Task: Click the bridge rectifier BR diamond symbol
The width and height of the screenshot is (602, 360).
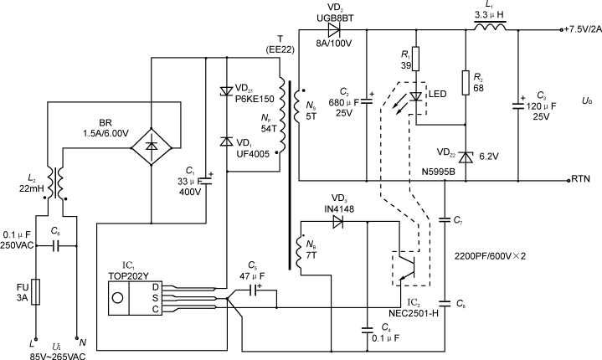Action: [151, 146]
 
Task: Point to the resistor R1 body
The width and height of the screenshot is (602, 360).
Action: [415, 61]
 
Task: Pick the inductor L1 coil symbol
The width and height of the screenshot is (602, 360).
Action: [492, 29]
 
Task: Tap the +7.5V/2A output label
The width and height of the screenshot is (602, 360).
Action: [579, 29]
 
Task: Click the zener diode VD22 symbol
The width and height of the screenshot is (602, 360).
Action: [465, 156]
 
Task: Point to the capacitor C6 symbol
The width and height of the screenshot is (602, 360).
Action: [55, 247]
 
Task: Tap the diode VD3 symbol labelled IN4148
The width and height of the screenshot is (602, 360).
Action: [337, 222]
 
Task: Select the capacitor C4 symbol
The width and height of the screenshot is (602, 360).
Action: [368, 325]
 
